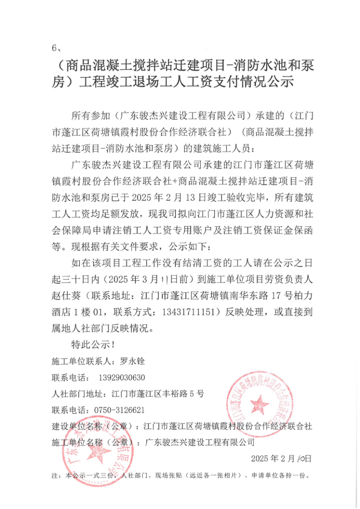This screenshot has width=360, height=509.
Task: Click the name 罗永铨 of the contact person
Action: pyautogui.click(x=132, y=360)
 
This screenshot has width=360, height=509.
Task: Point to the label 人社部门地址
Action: pyautogui.click(x=79, y=393)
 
